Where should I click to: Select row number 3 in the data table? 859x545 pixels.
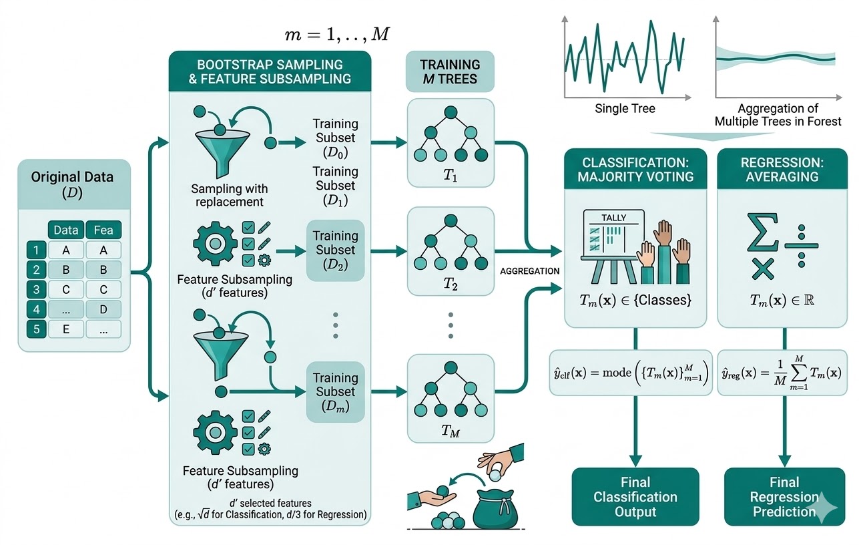point(36,291)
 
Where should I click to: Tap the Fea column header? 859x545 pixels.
point(103,230)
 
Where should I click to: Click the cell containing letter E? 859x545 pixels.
point(65,329)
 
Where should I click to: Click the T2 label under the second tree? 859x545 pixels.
point(451,284)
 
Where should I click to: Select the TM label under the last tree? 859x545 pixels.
point(451,431)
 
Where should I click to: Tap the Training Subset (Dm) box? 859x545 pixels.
point(336,392)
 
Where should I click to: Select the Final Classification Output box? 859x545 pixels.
point(635,497)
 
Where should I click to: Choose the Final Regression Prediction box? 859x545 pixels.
point(784,497)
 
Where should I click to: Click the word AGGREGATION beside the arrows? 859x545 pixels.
point(529,270)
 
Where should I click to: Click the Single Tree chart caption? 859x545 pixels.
point(625,108)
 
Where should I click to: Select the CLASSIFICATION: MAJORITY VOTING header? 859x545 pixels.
point(635,170)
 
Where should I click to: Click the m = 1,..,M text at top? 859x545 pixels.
point(336,35)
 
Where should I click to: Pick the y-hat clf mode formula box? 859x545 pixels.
point(631,372)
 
